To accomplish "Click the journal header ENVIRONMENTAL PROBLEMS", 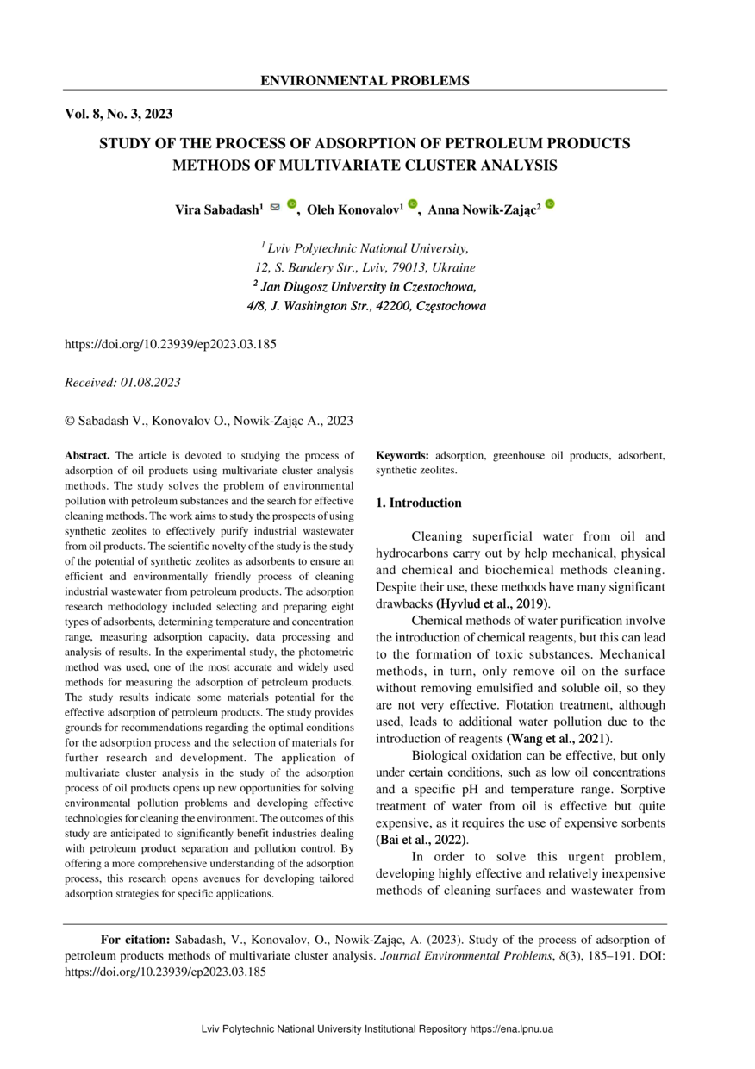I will [365, 81].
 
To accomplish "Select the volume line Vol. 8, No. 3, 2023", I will [120, 113].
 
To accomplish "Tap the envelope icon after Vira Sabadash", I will [276, 207].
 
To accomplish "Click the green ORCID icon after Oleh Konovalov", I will [413, 205].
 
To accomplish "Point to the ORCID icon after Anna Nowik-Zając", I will [550, 205].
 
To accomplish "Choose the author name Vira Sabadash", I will [218, 210].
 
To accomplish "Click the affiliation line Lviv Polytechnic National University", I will [365, 248].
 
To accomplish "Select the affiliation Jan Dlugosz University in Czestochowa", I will [365, 286].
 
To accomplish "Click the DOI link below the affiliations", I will [171, 344].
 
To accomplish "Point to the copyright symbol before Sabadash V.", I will [71, 420].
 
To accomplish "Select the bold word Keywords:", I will [402, 454].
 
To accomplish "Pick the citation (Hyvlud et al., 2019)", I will [492, 603].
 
